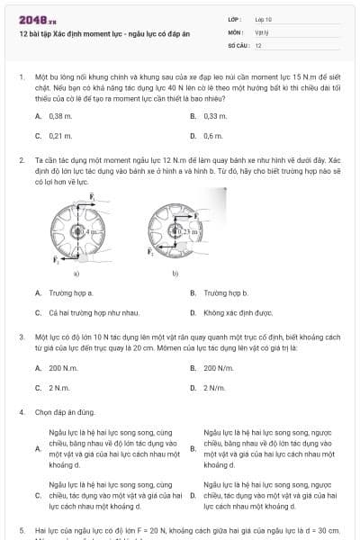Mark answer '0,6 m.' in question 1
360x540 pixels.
pyautogui.click(x=213, y=135)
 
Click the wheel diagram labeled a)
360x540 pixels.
pyautogui.click(x=77, y=232)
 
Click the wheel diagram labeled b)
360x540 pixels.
pyautogui.click(x=176, y=232)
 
